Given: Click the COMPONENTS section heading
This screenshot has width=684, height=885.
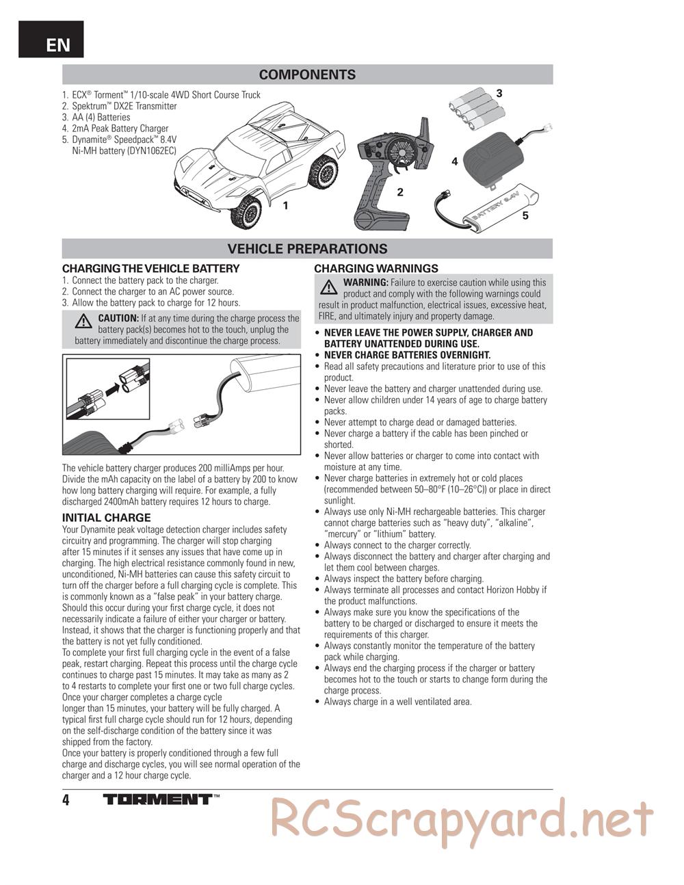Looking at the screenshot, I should [x=307, y=75].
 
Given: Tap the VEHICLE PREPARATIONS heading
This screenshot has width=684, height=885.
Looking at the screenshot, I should [x=307, y=249].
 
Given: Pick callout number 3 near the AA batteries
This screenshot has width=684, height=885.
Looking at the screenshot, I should [x=499, y=93].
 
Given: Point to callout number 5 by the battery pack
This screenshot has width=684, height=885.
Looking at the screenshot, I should [x=525, y=215].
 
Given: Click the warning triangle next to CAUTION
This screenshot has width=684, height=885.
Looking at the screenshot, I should [x=84, y=320].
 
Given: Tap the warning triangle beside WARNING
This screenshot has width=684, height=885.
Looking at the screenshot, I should [x=329, y=285].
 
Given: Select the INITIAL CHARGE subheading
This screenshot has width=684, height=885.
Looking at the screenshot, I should [x=106, y=518].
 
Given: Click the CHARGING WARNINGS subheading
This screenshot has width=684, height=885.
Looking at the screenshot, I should [x=376, y=269].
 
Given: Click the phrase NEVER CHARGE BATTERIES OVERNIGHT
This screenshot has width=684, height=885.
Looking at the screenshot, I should [x=407, y=355].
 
